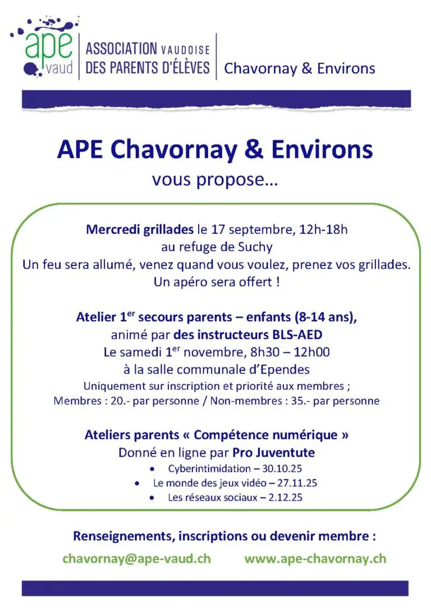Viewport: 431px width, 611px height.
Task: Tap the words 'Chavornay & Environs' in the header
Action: pyautogui.click(x=299, y=68)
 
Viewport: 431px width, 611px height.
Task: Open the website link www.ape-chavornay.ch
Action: pyautogui.click(x=315, y=558)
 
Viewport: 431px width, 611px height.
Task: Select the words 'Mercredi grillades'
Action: pyautogui.click(x=139, y=229)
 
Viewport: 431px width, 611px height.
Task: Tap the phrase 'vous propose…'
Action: pyautogui.click(x=215, y=180)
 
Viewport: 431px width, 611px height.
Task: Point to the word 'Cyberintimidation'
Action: pyautogui.click(x=204, y=469)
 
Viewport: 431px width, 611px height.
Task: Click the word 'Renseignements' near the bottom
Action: pyautogui.click(x=123, y=536)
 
